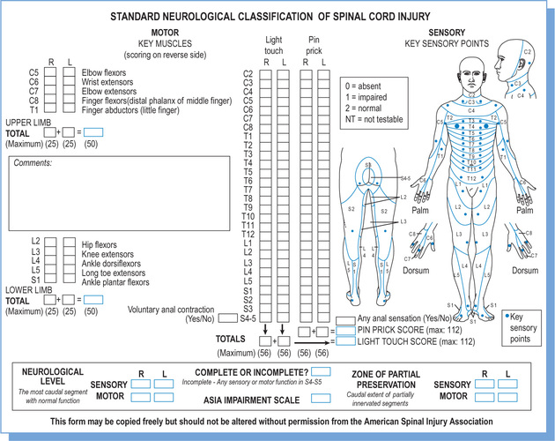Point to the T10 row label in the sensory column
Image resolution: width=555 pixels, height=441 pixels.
248,217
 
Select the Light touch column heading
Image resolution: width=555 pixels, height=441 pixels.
275,45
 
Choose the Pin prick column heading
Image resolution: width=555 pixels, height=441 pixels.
314,45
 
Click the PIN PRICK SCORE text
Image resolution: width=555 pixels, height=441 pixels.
400,330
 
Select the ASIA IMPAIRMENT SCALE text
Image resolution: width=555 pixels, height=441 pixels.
248,400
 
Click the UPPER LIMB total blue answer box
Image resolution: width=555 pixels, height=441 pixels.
92,131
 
